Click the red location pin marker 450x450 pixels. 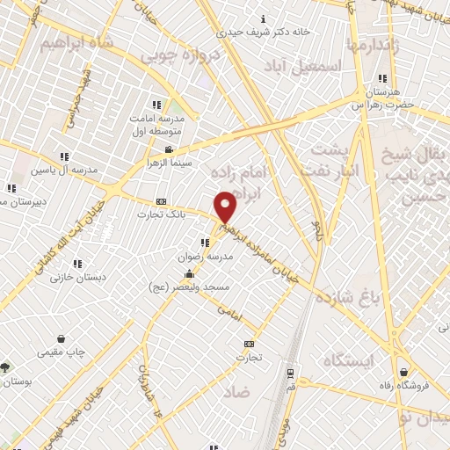[226, 206]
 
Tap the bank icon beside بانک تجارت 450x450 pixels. [160, 201]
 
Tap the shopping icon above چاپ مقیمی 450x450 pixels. [61, 338]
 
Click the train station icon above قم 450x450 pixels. [290, 373]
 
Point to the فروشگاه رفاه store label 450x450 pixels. [420, 384]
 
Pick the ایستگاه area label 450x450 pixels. [348, 361]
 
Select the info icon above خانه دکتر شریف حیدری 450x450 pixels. [264, 18]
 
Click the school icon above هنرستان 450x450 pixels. [381, 78]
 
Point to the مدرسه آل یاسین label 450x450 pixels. [61, 169]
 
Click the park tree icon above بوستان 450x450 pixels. [6, 367]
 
